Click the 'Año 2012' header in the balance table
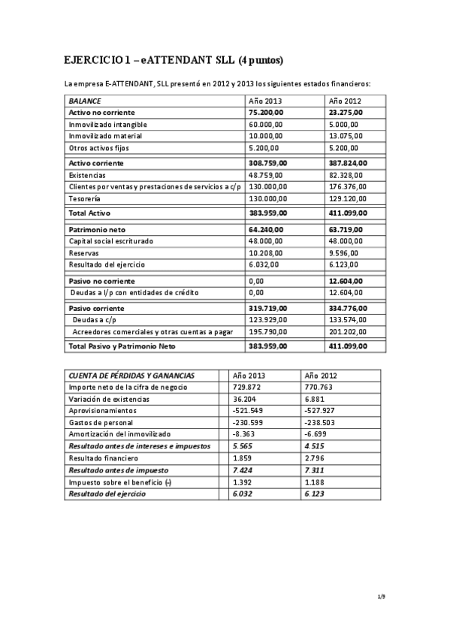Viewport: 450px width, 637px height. tap(346, 100)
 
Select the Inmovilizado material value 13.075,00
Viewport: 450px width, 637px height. tap(346, 136)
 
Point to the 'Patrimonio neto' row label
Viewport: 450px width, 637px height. tap(95, 228)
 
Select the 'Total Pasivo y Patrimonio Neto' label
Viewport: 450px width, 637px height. tap(118, 346)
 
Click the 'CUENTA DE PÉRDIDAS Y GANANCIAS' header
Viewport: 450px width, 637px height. tap(131, 375)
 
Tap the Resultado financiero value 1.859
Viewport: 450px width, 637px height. tap(244, 458)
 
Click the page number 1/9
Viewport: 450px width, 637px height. tap(381, 597)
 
